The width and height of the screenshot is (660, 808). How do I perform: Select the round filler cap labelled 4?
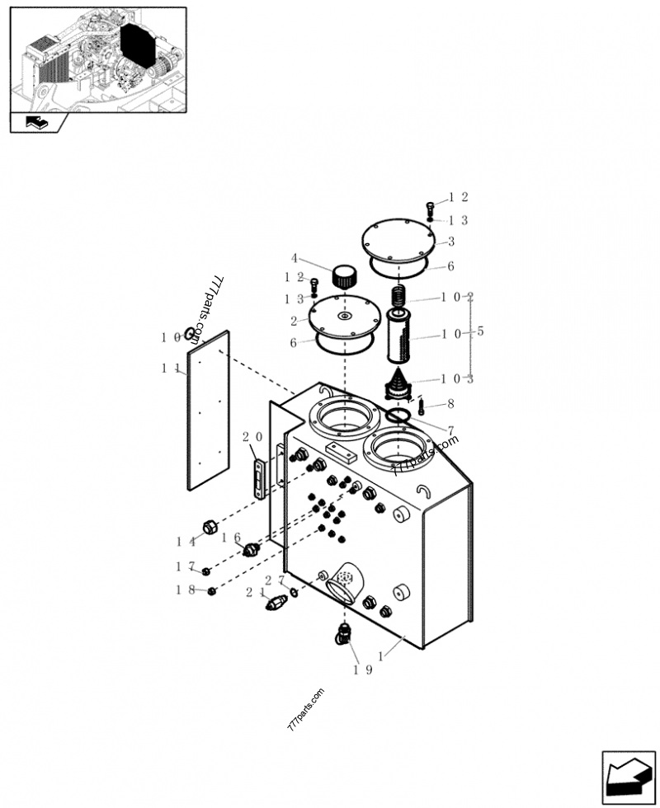click(343, 274)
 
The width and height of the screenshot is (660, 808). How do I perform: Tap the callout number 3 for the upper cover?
click(451, 242)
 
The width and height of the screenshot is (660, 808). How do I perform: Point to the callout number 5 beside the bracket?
click(481, 332)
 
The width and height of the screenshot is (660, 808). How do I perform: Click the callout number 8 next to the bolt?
click(450, 405)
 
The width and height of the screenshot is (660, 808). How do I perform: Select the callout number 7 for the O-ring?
click(450, 430)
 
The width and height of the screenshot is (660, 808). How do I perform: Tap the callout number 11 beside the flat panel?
click(170, 369)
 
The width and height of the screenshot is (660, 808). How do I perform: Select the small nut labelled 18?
click(212, 590)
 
